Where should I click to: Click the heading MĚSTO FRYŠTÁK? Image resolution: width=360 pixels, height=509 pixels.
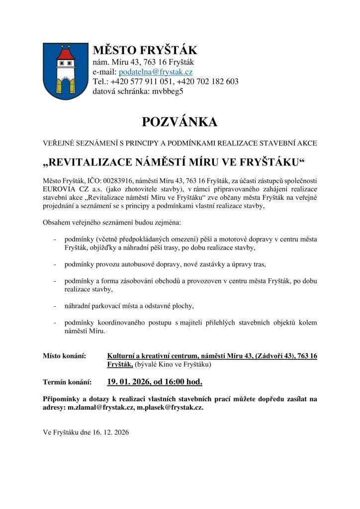pos(145,50)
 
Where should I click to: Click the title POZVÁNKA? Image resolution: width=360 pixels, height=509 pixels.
pos(180,122)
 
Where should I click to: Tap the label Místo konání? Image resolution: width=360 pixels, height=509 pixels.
pos(65,356)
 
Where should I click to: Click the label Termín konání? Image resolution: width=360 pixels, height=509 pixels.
pos(68,382)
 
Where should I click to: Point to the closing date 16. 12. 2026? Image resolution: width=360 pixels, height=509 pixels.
pos(110,432)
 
